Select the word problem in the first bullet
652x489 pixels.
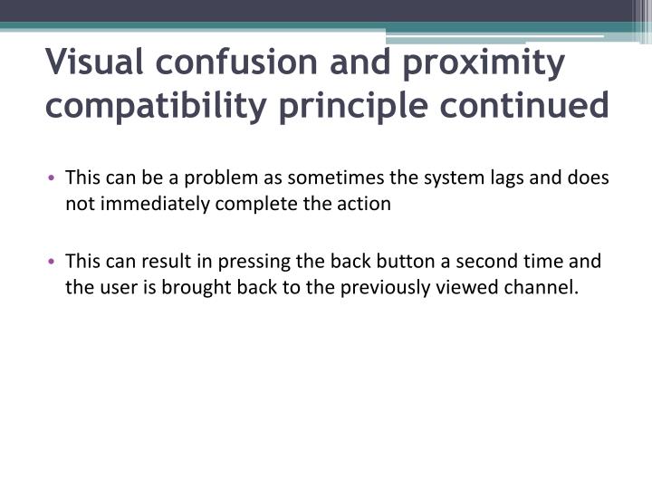coord(218,177)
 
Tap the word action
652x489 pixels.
coord(365,204)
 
